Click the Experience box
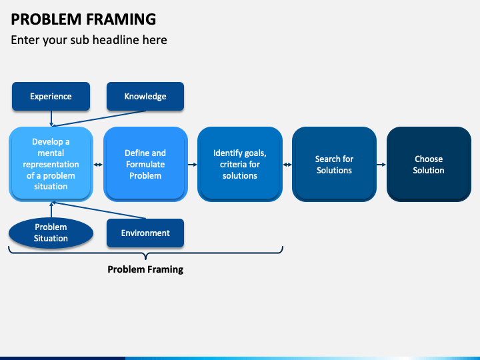pos(51,96)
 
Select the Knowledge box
pos(145,96)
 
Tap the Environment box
pos(145,233)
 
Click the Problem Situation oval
pos(51,233)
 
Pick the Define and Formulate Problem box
pos(145,164)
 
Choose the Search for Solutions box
pos(334,164)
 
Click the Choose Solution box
pos(429,164)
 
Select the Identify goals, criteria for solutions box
pos(240,164)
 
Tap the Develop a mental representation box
pos(51,164)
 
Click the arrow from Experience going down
pos(51,119)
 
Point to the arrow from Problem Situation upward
pos(51,210)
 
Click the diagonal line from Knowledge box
pos(99,119)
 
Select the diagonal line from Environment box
pos(99,210)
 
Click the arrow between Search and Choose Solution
pos(381,165)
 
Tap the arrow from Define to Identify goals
pos(193,165)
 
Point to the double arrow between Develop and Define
pos(98,165)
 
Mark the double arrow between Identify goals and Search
pos(287,165)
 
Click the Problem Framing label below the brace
pos(145,269)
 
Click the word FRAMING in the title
pos(121,19)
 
